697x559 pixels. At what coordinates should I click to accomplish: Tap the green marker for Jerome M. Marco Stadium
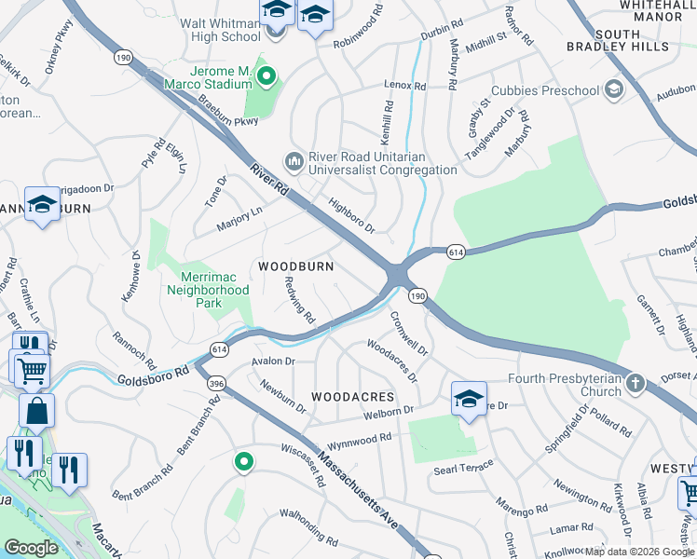[267, 76]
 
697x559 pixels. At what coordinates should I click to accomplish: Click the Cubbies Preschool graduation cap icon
[613, 89]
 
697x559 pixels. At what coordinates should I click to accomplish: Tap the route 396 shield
[216, 384]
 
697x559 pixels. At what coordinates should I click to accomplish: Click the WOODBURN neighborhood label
[295, 266]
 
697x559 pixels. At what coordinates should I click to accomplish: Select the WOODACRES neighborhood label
[353, 397]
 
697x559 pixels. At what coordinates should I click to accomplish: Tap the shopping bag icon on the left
[36, 410]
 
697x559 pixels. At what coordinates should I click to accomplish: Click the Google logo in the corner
[32, 548]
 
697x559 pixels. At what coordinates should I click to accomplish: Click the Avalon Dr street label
[273, 361]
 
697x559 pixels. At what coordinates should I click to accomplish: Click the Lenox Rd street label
[405, 86]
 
